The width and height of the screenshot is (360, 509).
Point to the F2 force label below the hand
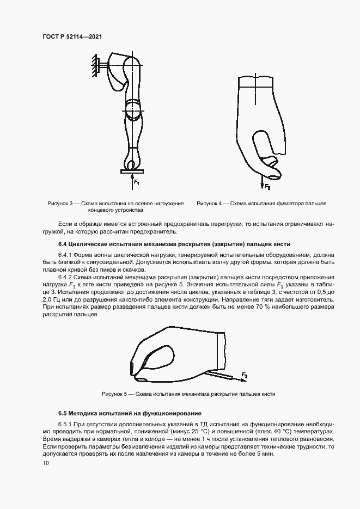tap(267, 187)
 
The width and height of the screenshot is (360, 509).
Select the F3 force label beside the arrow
tap(245, 376)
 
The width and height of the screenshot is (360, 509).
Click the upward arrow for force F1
tap(131, 177)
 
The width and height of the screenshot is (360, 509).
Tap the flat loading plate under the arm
tap(131, 171)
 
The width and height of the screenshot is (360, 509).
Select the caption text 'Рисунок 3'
tap(61, 203)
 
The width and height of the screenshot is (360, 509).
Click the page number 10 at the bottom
tap(45, 463)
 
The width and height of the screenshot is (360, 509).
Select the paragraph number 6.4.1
tap(66, 255)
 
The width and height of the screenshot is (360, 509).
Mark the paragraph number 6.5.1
tap(66, 424)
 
